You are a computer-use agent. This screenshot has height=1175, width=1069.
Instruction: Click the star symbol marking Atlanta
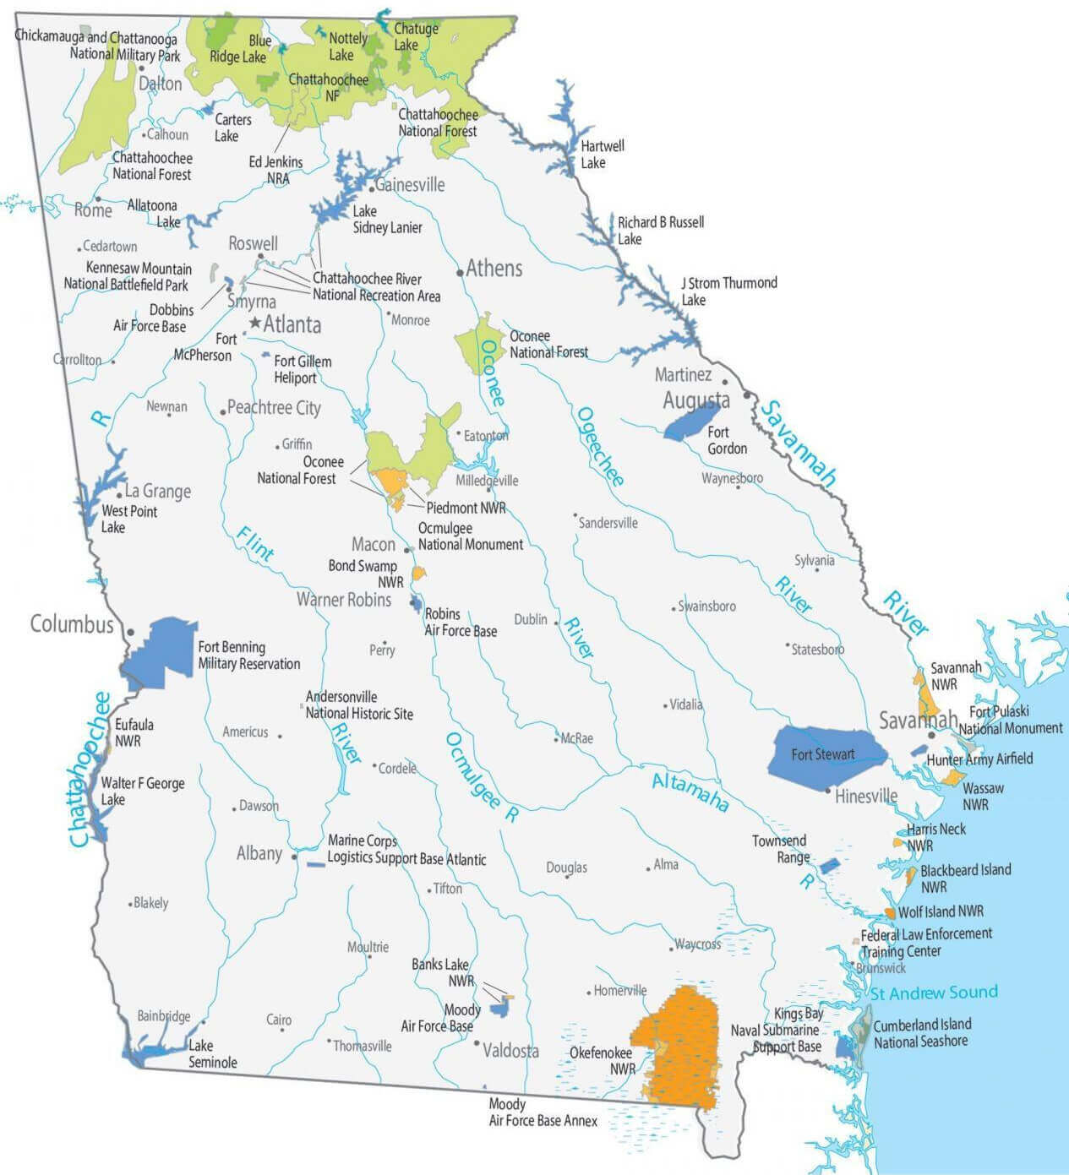pyautogui.click(x=255, y=323)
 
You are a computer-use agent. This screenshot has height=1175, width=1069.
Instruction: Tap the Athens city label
pyautogui.click(x=494, y=269)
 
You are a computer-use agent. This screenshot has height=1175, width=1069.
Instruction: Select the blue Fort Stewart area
pyautogui.click(x=823, y=754)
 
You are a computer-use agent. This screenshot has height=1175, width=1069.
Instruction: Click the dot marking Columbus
pyautogui.click(x=130, y=631)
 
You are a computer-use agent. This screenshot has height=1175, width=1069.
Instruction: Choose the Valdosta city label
pyautogui.click(x=510, y=1051)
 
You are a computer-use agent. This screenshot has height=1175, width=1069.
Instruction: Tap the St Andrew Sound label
pyautogui.click(x=934, y=993)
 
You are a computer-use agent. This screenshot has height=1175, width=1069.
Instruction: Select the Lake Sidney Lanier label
pyautogui.click(x=387, y=219)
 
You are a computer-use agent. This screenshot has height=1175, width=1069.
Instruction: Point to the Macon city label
pyautogui.click(x=374, y=545)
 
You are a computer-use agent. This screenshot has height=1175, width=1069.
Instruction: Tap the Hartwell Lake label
pyautogui.click(x=602, y=154)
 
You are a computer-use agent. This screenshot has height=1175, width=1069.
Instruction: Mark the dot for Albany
pyautogui.click(x=294, y=857)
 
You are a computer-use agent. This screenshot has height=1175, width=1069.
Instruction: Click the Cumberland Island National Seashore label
pyautogui.click(x=921, y=1033)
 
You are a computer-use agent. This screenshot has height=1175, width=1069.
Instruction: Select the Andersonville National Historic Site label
pyautogui.click(x=359, y=705)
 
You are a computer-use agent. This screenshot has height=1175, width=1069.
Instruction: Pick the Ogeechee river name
pyautogui.click(x=600, y=446)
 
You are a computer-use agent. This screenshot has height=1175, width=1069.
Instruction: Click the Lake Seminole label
pyautogui.click(x=212, y=1054)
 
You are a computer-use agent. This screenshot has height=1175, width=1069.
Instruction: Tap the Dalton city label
pyautogui.click(x=161, y=84)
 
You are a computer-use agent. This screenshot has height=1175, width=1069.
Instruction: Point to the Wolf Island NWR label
pyautogui.click(x=941, y=911)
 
